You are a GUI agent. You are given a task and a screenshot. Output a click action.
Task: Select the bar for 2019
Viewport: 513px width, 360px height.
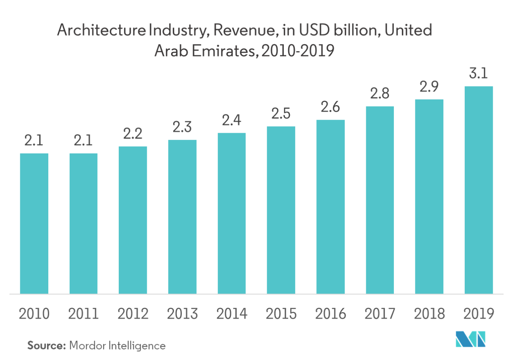point(478,190)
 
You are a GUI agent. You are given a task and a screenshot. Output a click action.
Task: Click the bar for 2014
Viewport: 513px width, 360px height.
point(232,213)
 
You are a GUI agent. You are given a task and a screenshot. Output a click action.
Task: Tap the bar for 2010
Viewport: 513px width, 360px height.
point(34,224)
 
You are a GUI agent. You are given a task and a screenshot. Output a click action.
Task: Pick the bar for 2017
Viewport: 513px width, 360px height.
point(380,200)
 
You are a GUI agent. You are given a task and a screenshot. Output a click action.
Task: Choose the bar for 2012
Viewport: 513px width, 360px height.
point(133,220)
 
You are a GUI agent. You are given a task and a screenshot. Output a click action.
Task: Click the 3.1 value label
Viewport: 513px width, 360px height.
point(478,75)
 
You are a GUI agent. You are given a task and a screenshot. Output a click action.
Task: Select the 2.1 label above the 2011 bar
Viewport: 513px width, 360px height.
point(83,142)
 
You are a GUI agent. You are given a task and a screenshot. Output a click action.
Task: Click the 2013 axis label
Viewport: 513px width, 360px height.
point(182,314)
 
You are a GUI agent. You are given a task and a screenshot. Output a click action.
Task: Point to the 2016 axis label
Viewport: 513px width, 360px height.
point(330,314)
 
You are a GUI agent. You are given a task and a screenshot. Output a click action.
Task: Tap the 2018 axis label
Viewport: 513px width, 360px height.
point(429,314)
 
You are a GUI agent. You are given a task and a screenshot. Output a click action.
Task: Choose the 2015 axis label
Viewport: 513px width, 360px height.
point(281,314)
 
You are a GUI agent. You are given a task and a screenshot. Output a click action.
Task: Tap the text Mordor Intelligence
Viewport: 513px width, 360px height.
point(118,345)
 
